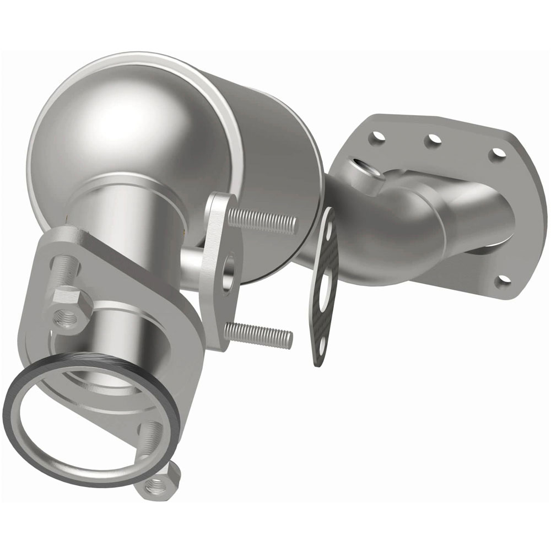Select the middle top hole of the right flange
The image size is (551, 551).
[433, 140]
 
